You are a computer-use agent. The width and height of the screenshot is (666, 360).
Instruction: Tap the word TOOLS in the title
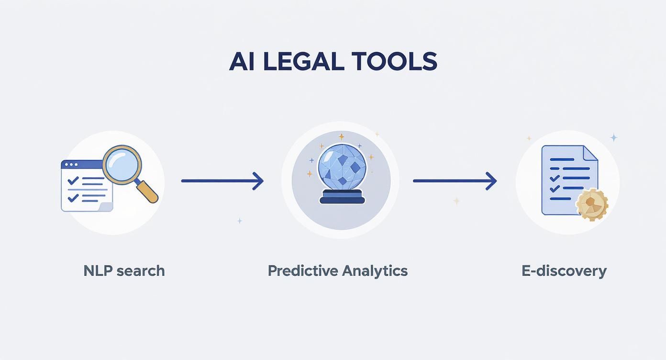pos(395,61)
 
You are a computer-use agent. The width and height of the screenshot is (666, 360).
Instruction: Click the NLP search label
pos(124,271)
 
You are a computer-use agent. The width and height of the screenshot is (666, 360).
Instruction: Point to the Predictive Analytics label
pos(338,271)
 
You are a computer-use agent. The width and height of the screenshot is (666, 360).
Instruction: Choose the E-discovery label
pos(564,271)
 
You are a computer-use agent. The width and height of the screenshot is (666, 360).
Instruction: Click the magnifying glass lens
pos(122,165)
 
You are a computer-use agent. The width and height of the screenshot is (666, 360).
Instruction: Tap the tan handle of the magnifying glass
pos(148,192)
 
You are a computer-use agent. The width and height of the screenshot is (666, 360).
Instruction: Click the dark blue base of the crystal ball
pos(342,197)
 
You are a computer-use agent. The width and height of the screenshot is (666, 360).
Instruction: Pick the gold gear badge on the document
pos(592,204)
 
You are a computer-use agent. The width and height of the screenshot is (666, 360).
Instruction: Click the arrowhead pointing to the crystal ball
pos(258,180)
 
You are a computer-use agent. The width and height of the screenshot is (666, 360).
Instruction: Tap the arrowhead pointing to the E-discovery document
pos(491,180)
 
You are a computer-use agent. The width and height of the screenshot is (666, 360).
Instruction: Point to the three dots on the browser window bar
pos(71,165)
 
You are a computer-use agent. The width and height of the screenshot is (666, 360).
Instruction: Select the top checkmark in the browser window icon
pos(73,180)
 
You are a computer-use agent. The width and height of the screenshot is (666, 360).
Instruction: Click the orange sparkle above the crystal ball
pos(342,137)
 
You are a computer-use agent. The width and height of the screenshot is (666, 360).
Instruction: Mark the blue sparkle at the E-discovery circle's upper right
pos(614,137)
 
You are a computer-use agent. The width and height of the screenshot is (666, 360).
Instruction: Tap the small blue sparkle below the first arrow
pos(240,221)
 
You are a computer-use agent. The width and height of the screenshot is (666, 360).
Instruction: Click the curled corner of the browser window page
pos(105,207)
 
